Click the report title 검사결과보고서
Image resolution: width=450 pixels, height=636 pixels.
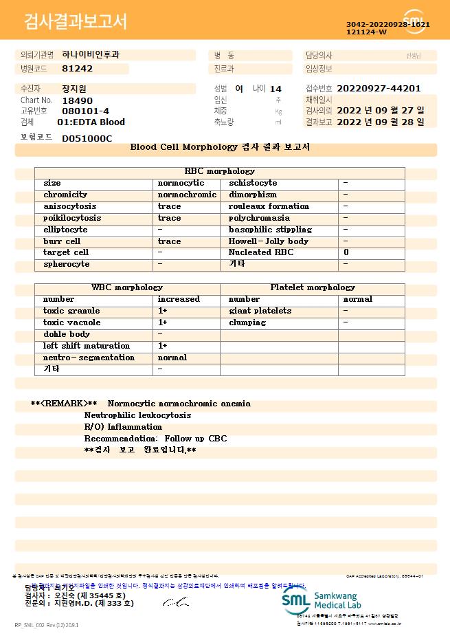pos(76,22)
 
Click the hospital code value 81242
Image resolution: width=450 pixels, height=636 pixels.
pos(77,69)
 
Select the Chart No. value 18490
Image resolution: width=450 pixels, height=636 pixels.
pos(76,100)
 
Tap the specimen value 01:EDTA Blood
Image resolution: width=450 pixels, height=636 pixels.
pos(91,122)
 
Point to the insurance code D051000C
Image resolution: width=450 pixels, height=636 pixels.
pos(87,138)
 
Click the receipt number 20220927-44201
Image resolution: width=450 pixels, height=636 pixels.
pos(379,89)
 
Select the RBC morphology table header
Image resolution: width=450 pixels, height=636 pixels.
pos(219,171)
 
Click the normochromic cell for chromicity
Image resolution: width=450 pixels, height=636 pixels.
pos(187,195)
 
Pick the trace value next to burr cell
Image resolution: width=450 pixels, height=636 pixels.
pos(169,241)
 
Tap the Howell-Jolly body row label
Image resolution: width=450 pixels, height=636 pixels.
pos(269,241)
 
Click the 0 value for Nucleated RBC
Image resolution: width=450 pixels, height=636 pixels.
pos(346,253)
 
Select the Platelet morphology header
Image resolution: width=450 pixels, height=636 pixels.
pos(313,287)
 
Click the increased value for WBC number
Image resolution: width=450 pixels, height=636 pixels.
pos(179,299)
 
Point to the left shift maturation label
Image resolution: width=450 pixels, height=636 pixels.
pos(86,346)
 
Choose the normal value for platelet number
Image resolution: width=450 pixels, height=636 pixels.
pos(357,299)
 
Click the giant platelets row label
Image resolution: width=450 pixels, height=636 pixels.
pos(260,311)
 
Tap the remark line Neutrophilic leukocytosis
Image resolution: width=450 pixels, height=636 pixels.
pos(138,415)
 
